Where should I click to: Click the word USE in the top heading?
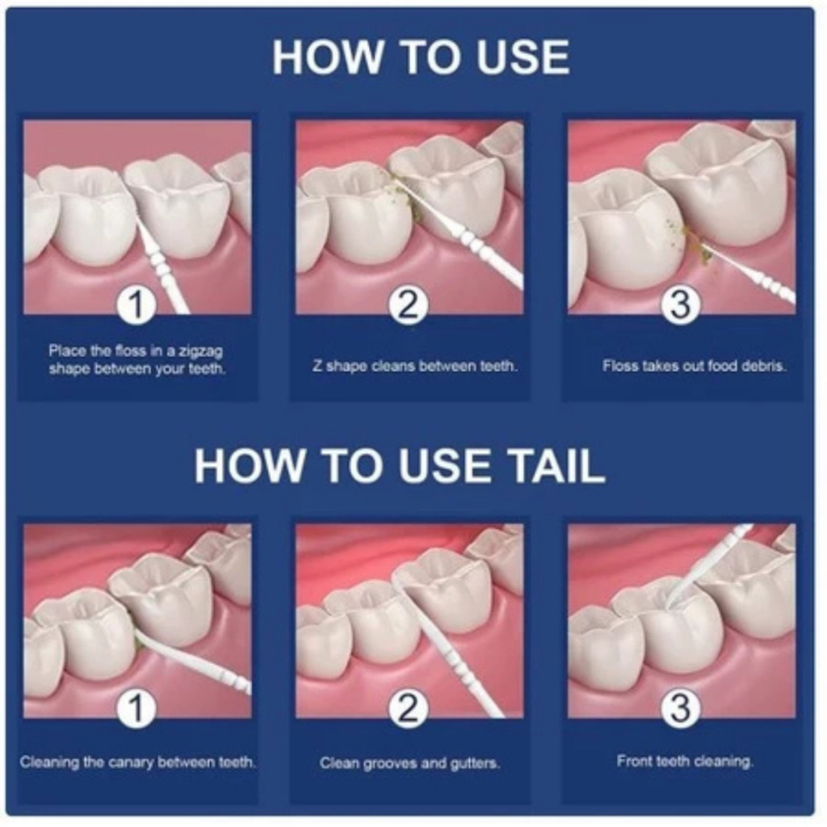click(523, 57)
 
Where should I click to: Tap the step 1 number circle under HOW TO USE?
click(136, 304)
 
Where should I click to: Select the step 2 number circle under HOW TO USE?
click(408, 304)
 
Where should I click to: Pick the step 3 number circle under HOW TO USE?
click(680, 304)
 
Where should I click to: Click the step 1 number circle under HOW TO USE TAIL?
click(136, 707)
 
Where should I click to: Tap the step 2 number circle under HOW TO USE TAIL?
click(408, 707)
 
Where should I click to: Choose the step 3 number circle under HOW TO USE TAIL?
click(680, 707)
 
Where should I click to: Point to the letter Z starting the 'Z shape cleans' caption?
click(317, 365)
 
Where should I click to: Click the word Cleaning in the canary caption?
click(49, 762)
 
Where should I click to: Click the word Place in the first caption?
click(65, 351)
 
